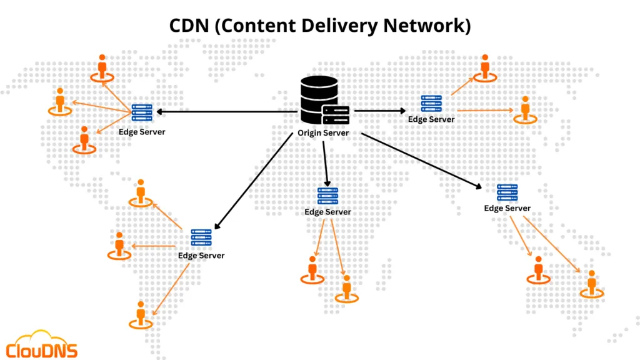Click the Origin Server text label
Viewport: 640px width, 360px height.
coord(322,133)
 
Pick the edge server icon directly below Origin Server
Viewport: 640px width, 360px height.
coord(327,196)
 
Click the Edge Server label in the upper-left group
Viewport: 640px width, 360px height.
coord(142,132)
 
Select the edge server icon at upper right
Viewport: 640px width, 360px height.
coord(431,104)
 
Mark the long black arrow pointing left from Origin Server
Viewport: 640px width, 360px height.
coord(225,112)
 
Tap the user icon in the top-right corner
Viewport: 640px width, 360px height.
coord(484,67)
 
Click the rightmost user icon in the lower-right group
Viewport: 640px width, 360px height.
coord(591,283)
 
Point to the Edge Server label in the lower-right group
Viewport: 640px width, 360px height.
coord(507,208)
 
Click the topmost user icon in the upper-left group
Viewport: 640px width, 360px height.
coord(102,67)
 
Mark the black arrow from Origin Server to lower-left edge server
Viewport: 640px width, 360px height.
coord(253,181)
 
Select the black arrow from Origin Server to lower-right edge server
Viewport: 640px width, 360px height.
coord(422,160)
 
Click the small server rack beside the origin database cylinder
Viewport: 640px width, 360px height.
coord(336,114)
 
